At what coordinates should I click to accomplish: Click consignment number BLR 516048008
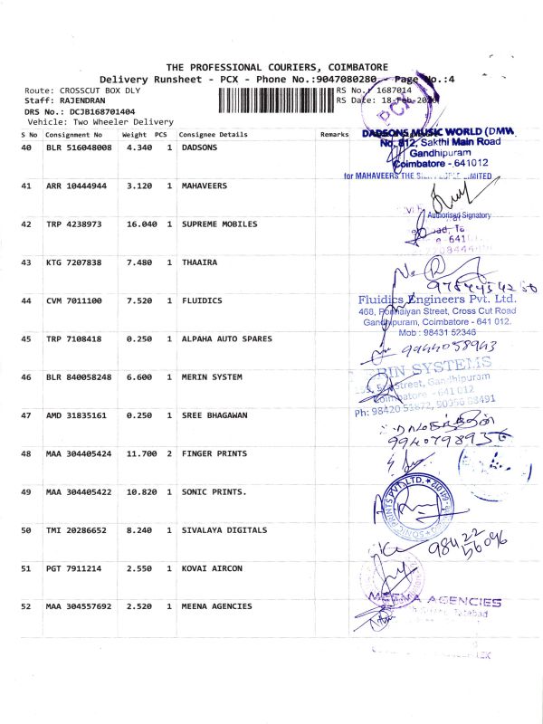click(79, 147)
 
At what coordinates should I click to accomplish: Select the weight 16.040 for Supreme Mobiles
click(138, 224)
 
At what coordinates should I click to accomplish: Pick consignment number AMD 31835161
click(79, 414)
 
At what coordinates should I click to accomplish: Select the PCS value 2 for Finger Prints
click(169, 452)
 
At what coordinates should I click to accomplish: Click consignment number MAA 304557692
click(79, 606)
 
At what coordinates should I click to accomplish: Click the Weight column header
click(134, 135)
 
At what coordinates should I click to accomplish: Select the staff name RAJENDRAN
click(86, 101)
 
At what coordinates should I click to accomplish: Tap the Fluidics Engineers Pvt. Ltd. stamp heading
click(436, 299)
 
